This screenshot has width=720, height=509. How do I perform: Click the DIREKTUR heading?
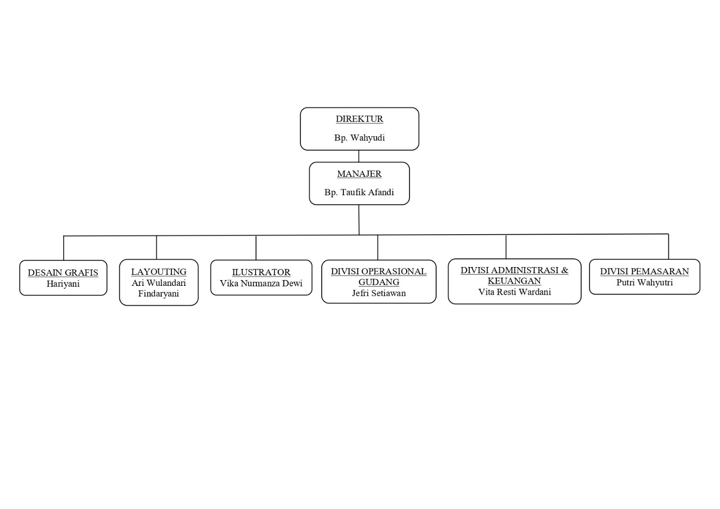tap(359, 119)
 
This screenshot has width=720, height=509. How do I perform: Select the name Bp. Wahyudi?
tap(359, 138)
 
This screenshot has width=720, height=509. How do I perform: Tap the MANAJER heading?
tap(359, 174)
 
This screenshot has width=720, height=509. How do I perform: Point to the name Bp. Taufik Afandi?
tap(359, 192)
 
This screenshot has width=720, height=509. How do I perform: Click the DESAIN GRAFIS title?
tap(63, 273)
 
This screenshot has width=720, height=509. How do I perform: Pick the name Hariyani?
tap(63, 284)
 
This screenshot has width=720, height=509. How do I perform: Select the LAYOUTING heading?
tap(159, 272)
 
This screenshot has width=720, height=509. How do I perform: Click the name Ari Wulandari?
tap(159, 283)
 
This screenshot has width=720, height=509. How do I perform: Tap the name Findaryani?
tap(158, 294)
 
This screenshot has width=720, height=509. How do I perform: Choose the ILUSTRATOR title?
tap(261, 272)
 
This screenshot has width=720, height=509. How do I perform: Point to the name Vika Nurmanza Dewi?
tap(261, 283)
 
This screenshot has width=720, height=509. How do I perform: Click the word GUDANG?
tap(379, 282)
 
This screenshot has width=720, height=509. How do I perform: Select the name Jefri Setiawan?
tap(379, 293)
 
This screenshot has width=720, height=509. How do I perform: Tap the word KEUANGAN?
tap(514, 281)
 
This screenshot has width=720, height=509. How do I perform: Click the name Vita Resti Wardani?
tap(515, 292)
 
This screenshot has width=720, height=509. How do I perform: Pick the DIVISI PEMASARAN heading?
tap(645, 271)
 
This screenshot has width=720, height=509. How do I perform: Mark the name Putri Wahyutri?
tap(645, 283)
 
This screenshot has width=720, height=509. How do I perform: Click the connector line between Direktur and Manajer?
tap(359, 156)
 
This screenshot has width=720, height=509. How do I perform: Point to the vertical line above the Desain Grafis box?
tap(64, 248)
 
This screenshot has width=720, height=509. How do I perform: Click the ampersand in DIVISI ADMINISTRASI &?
tap(565, 270)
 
